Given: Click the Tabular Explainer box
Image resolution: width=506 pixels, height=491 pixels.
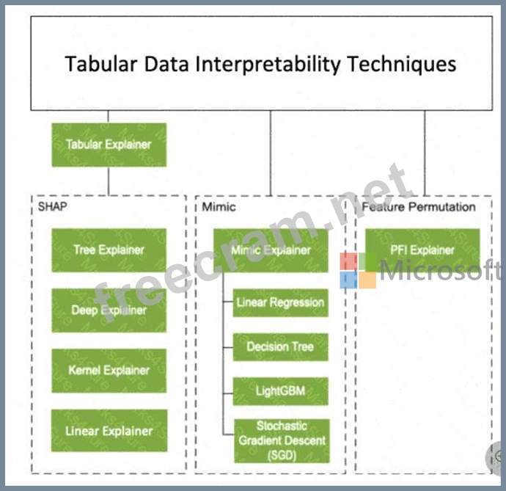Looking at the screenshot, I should pos(109,145).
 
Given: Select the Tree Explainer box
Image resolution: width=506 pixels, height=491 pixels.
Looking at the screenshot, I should pos(109,250).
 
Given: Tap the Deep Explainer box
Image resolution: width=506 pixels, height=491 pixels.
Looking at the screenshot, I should pos(109,310).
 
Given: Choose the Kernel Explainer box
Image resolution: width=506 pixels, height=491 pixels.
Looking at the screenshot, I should pos(109,371).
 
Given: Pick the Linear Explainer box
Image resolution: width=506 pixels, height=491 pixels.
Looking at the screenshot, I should pos(109,431).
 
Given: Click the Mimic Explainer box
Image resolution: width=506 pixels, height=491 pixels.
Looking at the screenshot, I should pos(271,250).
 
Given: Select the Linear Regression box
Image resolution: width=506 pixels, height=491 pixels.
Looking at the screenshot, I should pos(280,302).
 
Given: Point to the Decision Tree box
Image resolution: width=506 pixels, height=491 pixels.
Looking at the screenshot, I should pos(280,346).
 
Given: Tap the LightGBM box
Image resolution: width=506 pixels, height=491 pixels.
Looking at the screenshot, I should pos(280,391).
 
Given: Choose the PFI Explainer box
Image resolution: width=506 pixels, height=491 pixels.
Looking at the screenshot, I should pos(422,250).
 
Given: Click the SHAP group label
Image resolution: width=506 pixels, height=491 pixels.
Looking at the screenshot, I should pos(52,207).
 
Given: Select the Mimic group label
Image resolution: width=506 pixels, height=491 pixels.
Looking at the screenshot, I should pos(219,207).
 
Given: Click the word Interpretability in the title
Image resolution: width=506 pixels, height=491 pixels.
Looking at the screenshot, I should pos(269,64).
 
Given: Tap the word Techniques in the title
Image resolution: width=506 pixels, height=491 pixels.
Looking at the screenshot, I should pos(402,64).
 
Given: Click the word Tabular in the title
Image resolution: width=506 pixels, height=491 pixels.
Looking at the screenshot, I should pos(99,64).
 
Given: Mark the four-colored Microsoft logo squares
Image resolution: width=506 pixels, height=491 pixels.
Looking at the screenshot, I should pos(358,270).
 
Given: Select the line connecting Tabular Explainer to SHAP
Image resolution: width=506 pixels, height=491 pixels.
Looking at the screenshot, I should pos(109,181).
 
